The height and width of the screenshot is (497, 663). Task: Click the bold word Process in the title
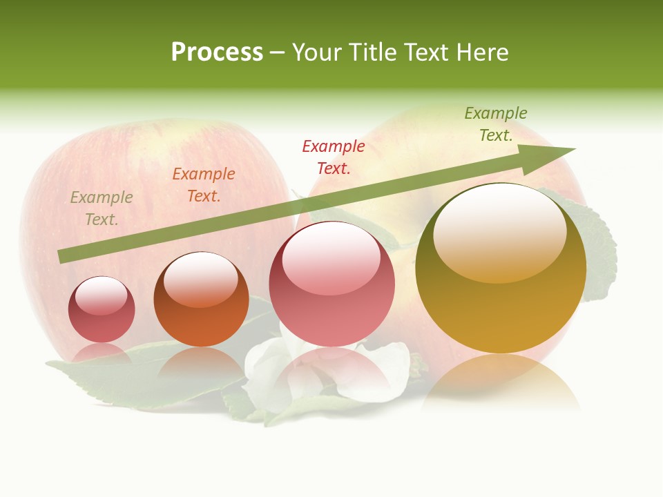tap(217, 52)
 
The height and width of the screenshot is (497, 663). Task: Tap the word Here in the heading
tap(483, 52)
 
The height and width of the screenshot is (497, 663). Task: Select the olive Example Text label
tap(102, 208)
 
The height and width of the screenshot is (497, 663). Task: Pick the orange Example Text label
tap(204, 185)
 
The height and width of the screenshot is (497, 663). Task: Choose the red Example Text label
tap(334, 157)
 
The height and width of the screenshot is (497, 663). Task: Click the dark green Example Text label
tap(496, 124)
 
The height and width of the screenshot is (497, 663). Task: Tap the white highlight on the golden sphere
tap(499, 231)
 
